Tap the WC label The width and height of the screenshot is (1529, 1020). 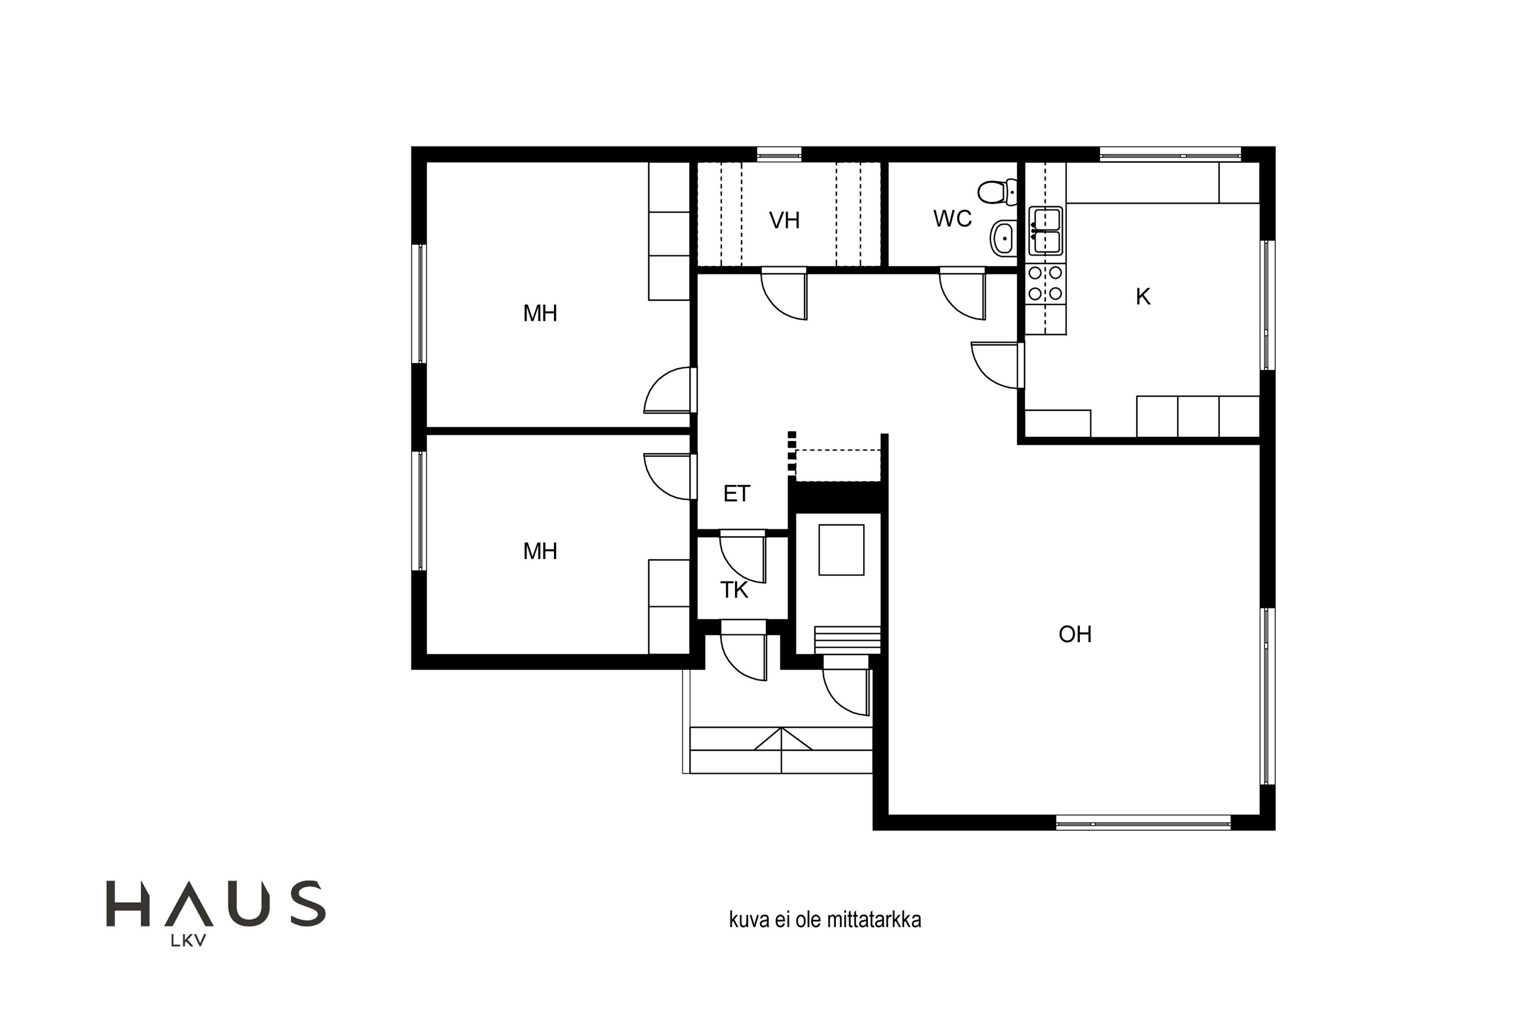953,219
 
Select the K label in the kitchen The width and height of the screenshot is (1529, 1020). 1143,297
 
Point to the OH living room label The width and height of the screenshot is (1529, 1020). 1075,634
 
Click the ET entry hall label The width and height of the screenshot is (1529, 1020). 736,494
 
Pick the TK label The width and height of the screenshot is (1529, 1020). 734,590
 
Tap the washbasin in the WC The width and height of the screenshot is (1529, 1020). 1004,238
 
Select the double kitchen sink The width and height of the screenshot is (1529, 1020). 1045,231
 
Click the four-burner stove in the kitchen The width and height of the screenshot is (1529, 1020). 1045,283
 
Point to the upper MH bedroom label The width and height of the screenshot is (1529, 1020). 540,314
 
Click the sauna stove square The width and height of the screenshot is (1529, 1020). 841,550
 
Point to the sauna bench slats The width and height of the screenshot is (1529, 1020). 848,640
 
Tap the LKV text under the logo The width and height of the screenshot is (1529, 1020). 189,940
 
